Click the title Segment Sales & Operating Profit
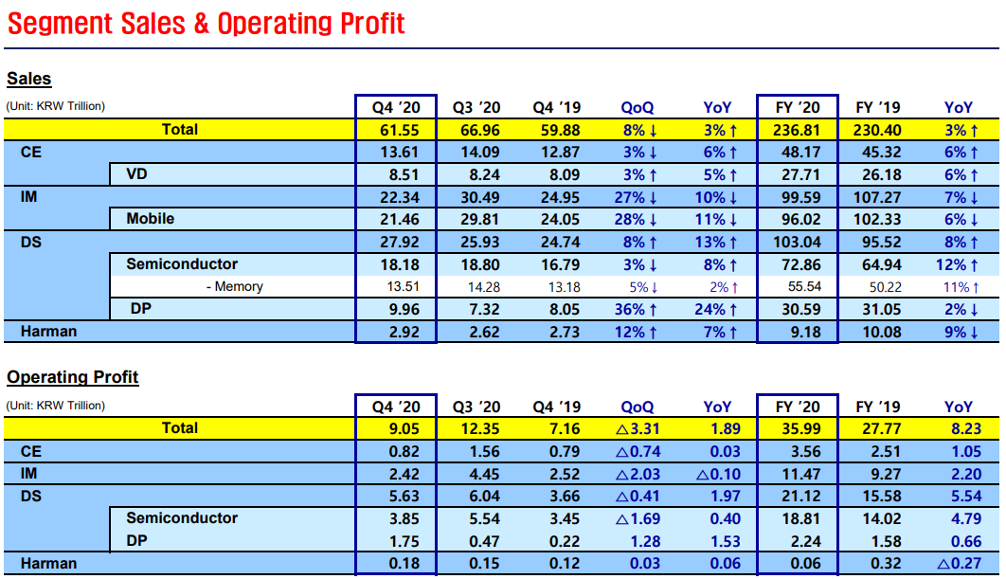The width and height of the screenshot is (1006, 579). pyautogui.click(x=206, y=23)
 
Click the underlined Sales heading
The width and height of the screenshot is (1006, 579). pyautogui.click(x=29, y=79)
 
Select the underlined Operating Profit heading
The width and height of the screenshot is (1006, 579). pyautogui.click(x=73, y=377)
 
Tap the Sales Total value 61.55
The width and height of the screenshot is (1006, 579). pyautogui.click(x=395, y=129)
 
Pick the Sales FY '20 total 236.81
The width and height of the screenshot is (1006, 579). pyautogui.click(x=797, y=129)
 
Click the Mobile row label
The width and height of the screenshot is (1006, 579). pyautogui.click(x=151, y=219)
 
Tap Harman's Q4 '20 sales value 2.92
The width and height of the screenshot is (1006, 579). pyautogui.click(x=395, y=332)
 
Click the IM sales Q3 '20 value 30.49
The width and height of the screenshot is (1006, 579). pyautogui.click(x=476, y=196)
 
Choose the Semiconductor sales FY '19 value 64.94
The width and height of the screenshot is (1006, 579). pyautogui.click(x=877, y=264)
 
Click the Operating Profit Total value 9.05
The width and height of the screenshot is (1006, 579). pyautogui.click(x=395, y=428)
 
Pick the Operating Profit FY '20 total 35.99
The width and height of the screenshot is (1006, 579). pyautogui.click(x=797, y=428)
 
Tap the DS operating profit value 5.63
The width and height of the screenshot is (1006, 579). pyautogui.click(x=395, y=496)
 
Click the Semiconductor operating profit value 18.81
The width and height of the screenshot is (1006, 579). pyautogui.click(x=797, y=518)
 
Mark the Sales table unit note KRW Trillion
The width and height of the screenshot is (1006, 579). pyautogui.click(x=56, y=106)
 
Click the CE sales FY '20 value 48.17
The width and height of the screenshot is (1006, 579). pyautogui.click(x=797, y=152)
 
